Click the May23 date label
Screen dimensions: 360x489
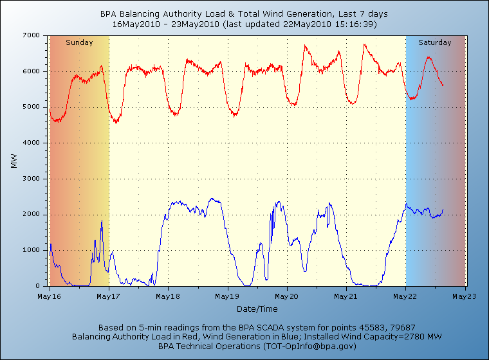[x=465, y=296]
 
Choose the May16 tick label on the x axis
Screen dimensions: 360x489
[x=49, y=296]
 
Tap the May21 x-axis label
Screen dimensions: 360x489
[x=346, y=296]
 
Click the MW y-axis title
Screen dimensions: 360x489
[x=14, y=161]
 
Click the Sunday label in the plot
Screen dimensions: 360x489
[x=79, y=42]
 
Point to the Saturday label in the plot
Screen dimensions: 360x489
[x=435, y=42]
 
